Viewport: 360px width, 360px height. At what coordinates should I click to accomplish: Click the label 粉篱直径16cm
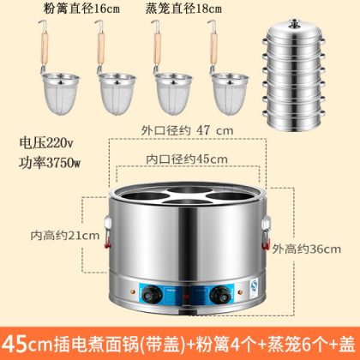(81, 9)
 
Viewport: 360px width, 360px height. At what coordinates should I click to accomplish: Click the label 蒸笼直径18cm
(183, 9)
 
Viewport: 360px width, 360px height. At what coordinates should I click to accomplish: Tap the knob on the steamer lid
(294, 23)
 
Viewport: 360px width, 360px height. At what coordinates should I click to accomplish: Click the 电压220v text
(46, 142)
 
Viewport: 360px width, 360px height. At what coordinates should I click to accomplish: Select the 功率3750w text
(50, 163)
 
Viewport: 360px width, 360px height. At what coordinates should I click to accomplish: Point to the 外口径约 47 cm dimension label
(187, 130)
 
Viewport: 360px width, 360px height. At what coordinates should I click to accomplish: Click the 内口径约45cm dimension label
(187, 159)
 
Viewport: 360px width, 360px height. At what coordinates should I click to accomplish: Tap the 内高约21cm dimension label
(65, 236)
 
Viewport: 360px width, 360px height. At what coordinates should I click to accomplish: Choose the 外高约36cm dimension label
(306, 249)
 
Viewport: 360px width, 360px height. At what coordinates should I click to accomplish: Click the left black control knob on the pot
(152, 294)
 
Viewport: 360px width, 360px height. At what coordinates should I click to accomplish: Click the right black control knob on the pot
(220, 294)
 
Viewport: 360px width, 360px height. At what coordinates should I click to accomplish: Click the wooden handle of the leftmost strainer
(45, 49)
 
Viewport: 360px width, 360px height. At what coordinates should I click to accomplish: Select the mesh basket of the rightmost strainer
(230, 93)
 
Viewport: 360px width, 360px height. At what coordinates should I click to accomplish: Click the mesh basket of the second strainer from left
(117, 93)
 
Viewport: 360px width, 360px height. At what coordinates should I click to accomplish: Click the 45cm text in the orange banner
(28, 344)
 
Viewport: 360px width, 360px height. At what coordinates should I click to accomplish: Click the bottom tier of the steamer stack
(294, 121)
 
